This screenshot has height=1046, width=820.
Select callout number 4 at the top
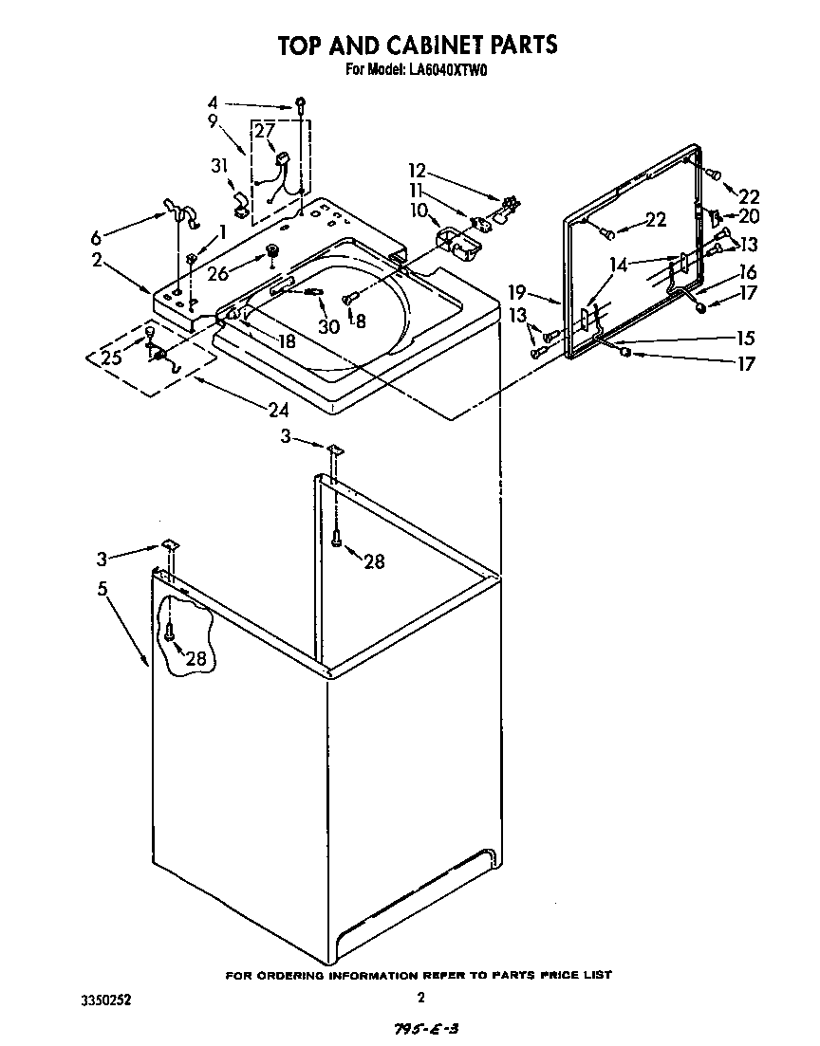[213, 102]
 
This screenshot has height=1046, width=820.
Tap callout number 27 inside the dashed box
[264, 131]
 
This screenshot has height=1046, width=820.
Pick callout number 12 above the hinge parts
[417, 172]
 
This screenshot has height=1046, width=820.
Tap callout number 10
[419, 210]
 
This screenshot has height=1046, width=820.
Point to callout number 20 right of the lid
[749, 216]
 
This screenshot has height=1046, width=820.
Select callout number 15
[745, 338]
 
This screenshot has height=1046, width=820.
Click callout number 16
[748, 271]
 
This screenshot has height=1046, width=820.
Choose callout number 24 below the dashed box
[277, 410]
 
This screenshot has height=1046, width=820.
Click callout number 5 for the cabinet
[102, 588]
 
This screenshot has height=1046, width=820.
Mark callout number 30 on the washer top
[328, 326]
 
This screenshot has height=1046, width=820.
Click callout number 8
[360, 321]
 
